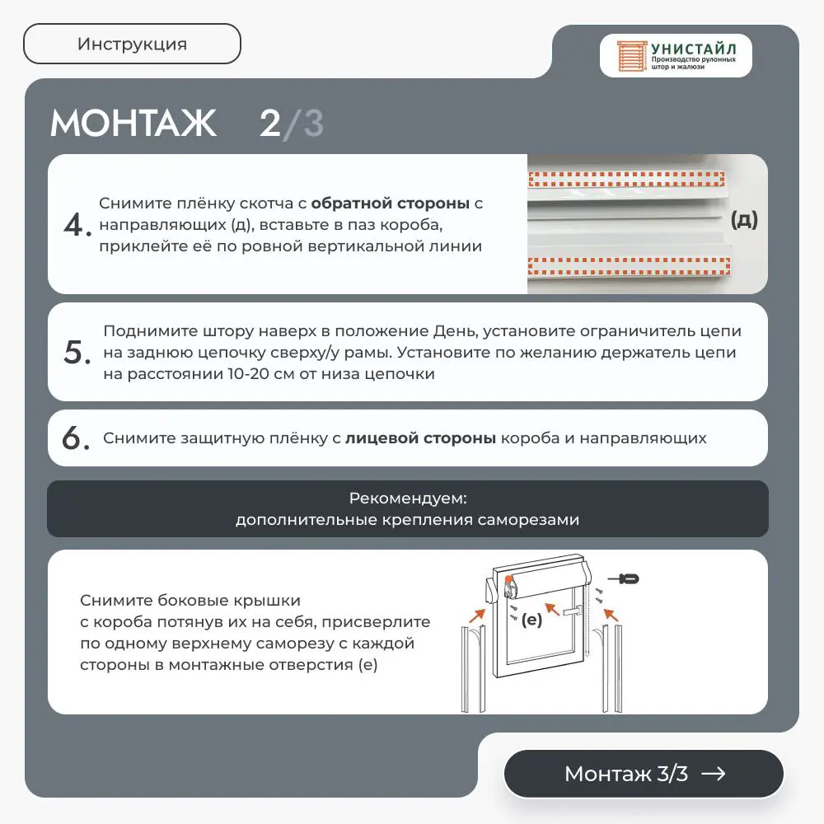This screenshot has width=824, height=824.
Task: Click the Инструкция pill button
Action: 132,44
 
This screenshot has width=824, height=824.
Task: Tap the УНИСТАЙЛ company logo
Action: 676,56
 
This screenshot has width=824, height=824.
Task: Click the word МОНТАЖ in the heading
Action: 133,123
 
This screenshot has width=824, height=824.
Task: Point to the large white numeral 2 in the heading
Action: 270,123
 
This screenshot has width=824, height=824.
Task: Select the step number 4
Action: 77,224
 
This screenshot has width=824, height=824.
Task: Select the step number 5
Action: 77,352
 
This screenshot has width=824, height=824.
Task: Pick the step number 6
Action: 76,438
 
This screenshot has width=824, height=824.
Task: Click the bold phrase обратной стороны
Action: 390,204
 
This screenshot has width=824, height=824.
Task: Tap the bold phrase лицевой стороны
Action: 420,438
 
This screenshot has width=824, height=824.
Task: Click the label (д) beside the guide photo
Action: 744,220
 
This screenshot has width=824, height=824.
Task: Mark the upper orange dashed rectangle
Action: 626,179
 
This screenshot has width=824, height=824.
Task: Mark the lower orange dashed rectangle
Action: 629,266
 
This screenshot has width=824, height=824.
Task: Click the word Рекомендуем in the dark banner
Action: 408,499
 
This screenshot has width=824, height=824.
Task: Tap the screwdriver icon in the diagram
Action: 623,579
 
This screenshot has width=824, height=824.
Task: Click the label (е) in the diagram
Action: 531,620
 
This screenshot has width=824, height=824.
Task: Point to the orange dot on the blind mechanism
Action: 508,580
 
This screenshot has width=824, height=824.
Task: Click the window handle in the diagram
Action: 573,611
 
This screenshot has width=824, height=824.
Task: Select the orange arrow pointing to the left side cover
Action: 477,616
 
